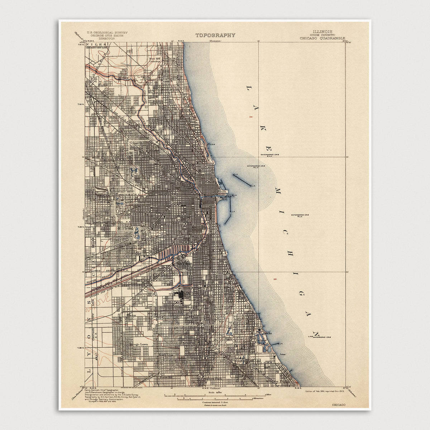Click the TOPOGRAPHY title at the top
tap(215, 35)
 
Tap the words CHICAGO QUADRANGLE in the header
tap(322, 38)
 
